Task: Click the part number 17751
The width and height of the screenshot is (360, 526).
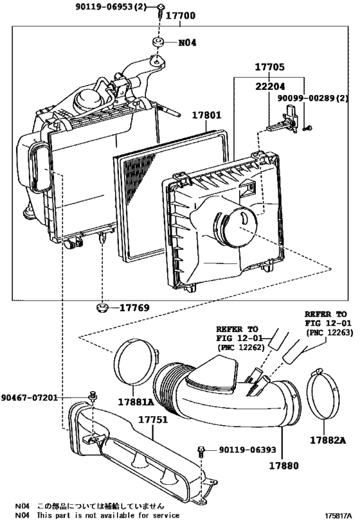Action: click(x=153, y=419)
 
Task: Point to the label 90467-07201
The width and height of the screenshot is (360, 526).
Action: click(x=30, y=398)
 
